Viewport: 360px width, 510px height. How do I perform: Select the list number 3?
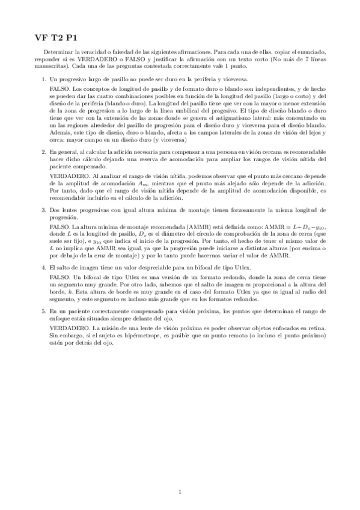click(x=43, y=210)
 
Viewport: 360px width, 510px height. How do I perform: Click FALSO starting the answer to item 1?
click(x=59, y=88)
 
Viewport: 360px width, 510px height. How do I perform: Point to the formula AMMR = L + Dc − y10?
click(x=285, y=226)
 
